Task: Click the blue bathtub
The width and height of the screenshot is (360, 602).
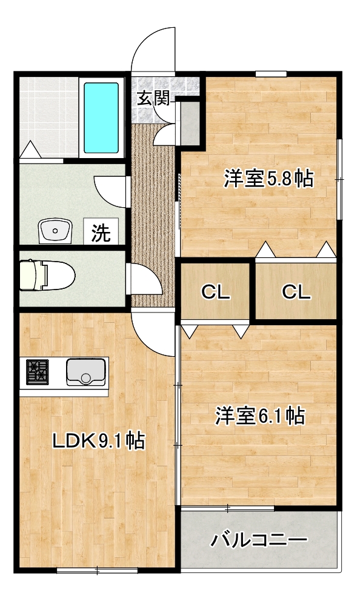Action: pos(101,118)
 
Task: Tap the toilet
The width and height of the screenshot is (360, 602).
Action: pos(47,275)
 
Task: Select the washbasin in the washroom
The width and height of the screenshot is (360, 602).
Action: pos(55,231)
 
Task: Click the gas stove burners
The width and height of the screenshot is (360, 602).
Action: pos(37,372)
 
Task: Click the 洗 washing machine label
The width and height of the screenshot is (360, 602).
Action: pos(101,233)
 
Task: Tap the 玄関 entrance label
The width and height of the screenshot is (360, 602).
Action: pos(154,98)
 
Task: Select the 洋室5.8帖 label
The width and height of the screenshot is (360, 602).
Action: pos(269,179)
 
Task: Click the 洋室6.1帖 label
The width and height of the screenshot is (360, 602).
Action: pos(260,416)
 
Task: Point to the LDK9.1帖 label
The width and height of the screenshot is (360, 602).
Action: pos(99,441)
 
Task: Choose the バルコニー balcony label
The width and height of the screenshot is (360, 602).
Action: pos(259,541)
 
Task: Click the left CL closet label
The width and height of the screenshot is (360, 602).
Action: pos(216,293)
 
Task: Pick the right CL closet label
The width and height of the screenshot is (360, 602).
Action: pos(296,293)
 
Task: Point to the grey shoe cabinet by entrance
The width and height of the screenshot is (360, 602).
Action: pos(190,123)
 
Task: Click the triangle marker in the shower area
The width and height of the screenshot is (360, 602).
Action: pos(30,149)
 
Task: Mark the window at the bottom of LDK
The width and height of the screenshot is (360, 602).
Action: pos(97,571)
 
